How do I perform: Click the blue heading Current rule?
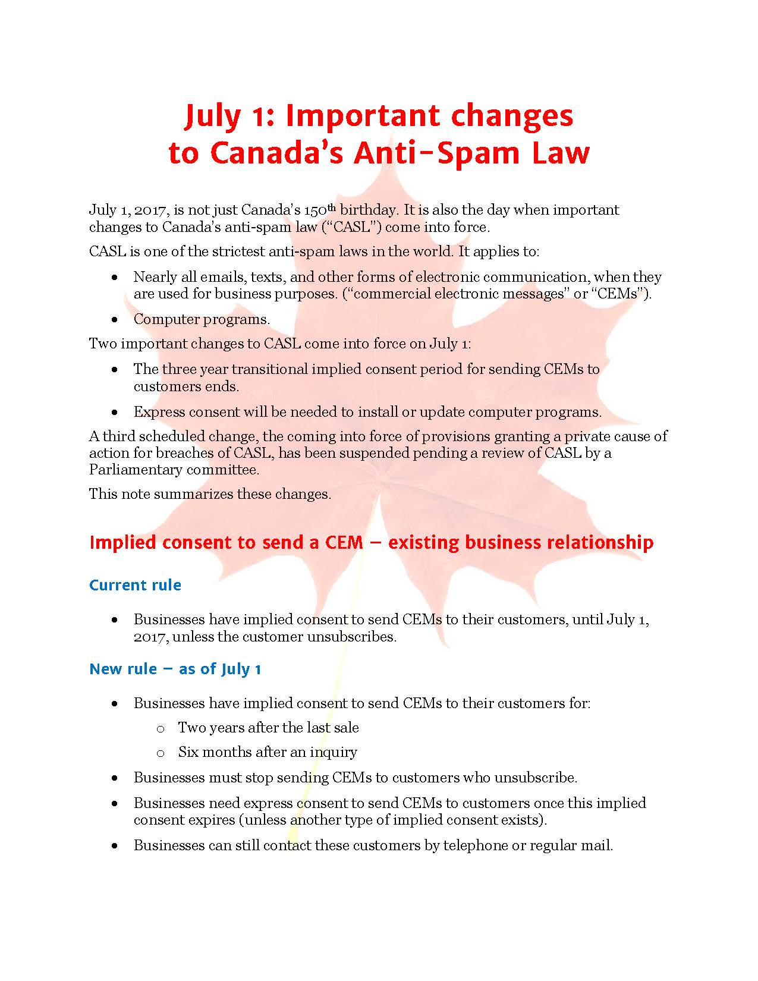pyautogui.click(x=135, y=585)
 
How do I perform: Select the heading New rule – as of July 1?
pyautogui.click(x=175, y=669)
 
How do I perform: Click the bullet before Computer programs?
pyautogui.click(x=115, y=320)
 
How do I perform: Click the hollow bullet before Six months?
pyautogui.click(x=160, y=753)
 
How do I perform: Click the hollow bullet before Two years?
pyautogui.click(x=160, y=729)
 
